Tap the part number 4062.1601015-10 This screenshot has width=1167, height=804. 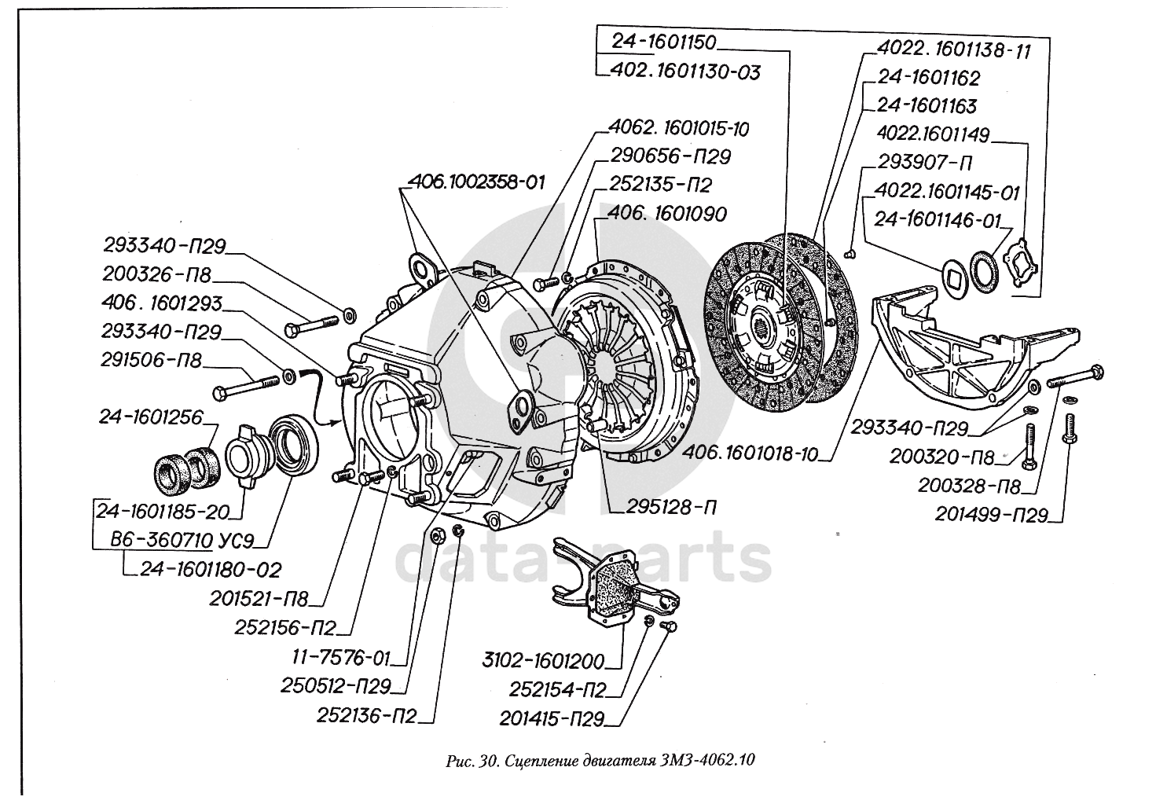(679, 129)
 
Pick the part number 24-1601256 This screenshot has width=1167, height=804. (151, 417)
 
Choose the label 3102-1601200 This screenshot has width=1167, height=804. (543, 660)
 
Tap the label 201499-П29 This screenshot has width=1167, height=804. (991, 516)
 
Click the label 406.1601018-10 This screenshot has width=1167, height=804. (750, 453)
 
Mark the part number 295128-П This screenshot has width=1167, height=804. (671, 508)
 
